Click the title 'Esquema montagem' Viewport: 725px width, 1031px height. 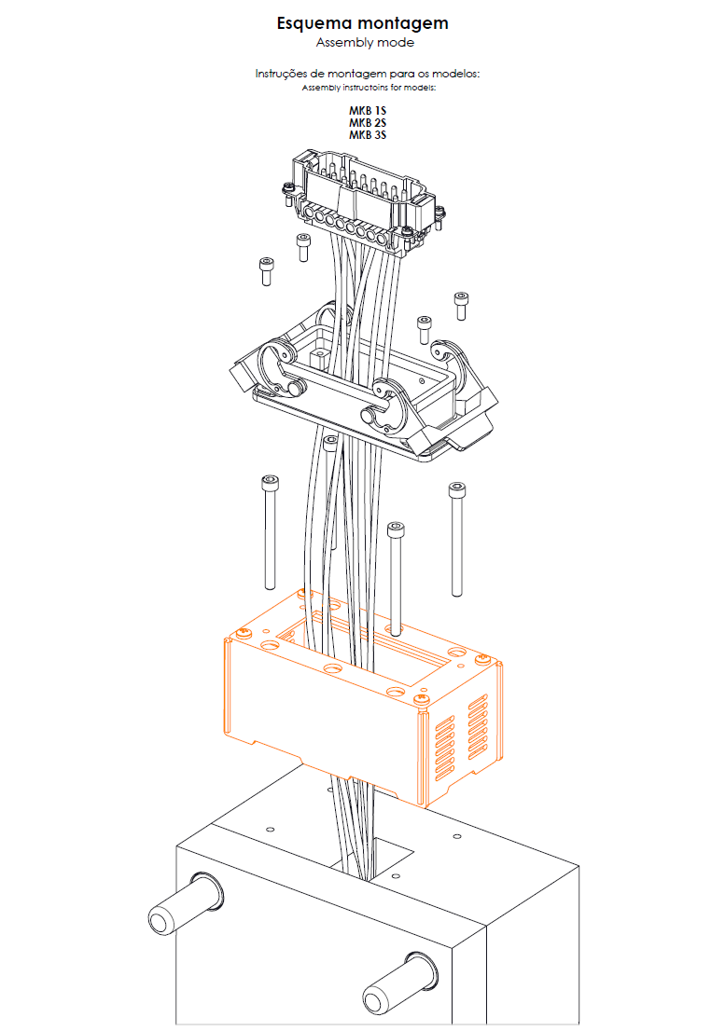(362, 24)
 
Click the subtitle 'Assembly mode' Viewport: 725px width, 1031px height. (365, 43)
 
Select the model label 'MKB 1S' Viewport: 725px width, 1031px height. (367, 110)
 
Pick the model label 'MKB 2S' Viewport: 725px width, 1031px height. (367, 123)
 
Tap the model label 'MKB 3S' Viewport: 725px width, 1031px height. (367, 135)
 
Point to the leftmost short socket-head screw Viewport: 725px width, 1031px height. (267, 271)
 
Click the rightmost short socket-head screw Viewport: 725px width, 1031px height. (461, 306)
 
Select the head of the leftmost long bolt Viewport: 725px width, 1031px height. (269, 482)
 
